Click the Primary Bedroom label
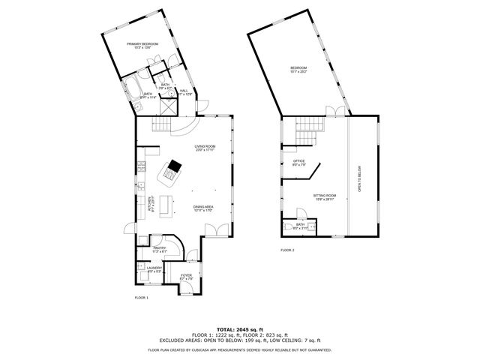(142, 45)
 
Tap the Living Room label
(205, 147)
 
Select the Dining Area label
(203, 208)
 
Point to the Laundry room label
(154, 268)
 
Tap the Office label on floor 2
(298, 162)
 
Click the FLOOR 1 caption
(142, 298)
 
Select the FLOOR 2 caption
(288, 250)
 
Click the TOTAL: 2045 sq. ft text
(240, 329)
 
